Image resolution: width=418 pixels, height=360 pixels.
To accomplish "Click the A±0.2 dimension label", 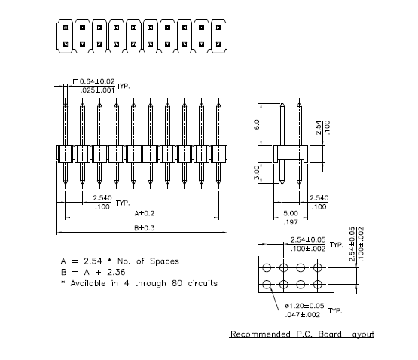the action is (x=145, y=213).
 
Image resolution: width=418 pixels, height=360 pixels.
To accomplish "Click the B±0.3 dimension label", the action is (x=145, y=228).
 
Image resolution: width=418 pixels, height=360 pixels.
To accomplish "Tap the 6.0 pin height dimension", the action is (x=257, y=124).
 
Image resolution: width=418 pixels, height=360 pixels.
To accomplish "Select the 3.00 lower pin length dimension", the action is (x=257, y=172).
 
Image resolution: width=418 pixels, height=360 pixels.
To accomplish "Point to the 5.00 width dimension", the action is (x=291, y=213).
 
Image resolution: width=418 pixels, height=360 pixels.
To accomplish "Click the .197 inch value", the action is (x=291, y=222).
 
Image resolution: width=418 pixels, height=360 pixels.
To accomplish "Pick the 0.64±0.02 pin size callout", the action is (x=97, y=81).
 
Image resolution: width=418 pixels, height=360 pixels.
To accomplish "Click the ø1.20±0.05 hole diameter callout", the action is (x=304, y=306).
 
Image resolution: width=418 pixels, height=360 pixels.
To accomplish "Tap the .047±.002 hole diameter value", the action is (x=303, y=315).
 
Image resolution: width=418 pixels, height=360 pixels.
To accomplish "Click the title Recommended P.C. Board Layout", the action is (x=302, y=334).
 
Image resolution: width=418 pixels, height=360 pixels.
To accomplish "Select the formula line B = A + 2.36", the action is (x=93, y=272).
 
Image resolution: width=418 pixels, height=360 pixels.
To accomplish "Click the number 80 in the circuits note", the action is (x=177, y=283).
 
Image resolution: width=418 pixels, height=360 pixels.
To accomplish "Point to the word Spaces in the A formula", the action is (x=164, y=261).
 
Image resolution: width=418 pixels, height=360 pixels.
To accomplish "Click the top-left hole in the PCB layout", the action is (x=267, y=267).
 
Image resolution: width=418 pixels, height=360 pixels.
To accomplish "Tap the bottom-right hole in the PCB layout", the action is (x=317, y=285).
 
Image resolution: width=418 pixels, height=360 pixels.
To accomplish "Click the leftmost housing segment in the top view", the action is (x=66, y=36).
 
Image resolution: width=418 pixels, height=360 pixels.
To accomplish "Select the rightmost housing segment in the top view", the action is (x=218, y=36).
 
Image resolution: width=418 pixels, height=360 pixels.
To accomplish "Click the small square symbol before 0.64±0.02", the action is (x=75, y=81).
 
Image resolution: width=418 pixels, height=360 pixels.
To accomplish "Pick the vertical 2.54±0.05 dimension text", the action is (x=352, y=244).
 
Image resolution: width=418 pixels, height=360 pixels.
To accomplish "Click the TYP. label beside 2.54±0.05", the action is (x=337, y=245).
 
